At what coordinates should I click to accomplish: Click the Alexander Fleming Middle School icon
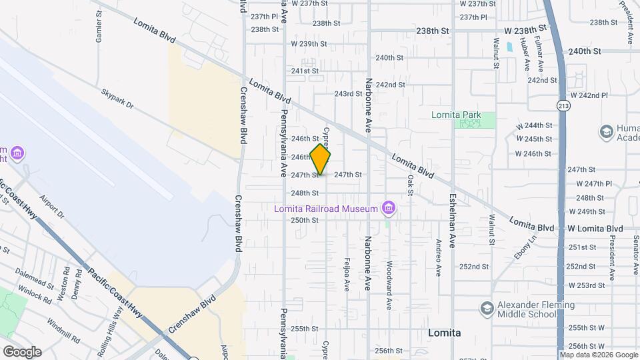tap(487, 308)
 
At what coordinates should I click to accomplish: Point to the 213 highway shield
tap(564, 105)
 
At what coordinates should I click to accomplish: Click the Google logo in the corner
tap(22, 352)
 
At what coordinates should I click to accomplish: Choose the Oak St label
tap(410, 186)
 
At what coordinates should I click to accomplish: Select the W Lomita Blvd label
tap(595, 229)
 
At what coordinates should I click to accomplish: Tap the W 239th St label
tap(309, 44)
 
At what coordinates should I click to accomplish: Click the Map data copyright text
tap(599, 355)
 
